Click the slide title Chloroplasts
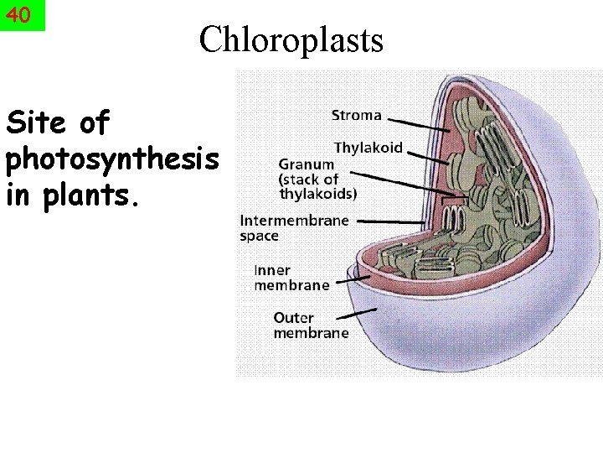pos(291,39)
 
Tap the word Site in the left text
pos(39,123)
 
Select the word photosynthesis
pos(111,160)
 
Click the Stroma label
pos(356,115)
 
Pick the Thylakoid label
pos(368,148)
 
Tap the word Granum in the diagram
pos(307,164)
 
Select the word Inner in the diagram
pos(272,271)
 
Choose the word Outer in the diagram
pos(293,318)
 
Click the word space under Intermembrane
pos(259,237)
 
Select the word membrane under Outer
pos(311,333)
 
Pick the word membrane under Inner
pos(291,285)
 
